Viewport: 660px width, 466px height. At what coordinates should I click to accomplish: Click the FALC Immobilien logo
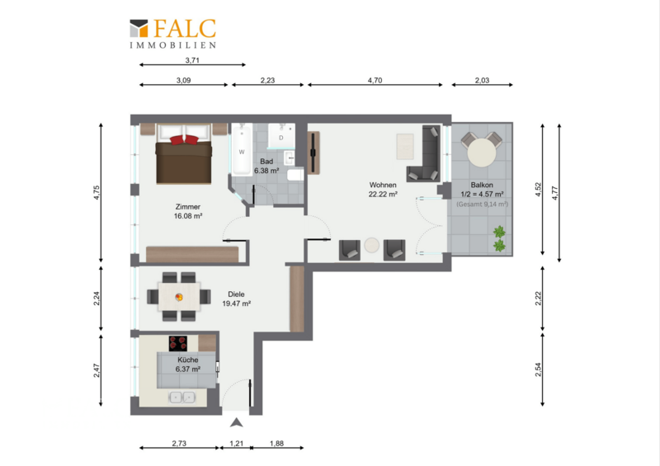coord(172,34)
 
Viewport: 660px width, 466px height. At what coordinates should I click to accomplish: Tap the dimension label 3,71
coord(192,60)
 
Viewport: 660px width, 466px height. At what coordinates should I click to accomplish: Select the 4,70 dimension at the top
coord(375,80)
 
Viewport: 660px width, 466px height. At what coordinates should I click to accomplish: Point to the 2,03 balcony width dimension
coord(482,80)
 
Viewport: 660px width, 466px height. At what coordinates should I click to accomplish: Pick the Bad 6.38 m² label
coord(266,166)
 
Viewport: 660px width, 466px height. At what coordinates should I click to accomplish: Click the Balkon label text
coord(482,185)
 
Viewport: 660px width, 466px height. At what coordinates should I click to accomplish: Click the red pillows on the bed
coord(184,139)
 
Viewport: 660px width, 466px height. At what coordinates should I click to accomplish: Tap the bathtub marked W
coord(242,149)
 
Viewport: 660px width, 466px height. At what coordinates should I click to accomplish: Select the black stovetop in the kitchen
coord(178,343)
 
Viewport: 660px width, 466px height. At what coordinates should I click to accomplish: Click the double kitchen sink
coord(181,397)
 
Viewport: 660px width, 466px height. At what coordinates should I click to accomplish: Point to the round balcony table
coord(482,153)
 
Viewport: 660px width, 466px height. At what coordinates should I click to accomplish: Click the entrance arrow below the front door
coord(236,422)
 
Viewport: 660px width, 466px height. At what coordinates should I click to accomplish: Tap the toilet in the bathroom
coord(295,175)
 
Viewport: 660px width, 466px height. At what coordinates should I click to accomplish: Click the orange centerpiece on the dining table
coord(179,297)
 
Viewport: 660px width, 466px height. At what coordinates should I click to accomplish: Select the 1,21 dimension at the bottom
coord(236,443)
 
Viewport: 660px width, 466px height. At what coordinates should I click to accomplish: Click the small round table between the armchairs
coord(372,246)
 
